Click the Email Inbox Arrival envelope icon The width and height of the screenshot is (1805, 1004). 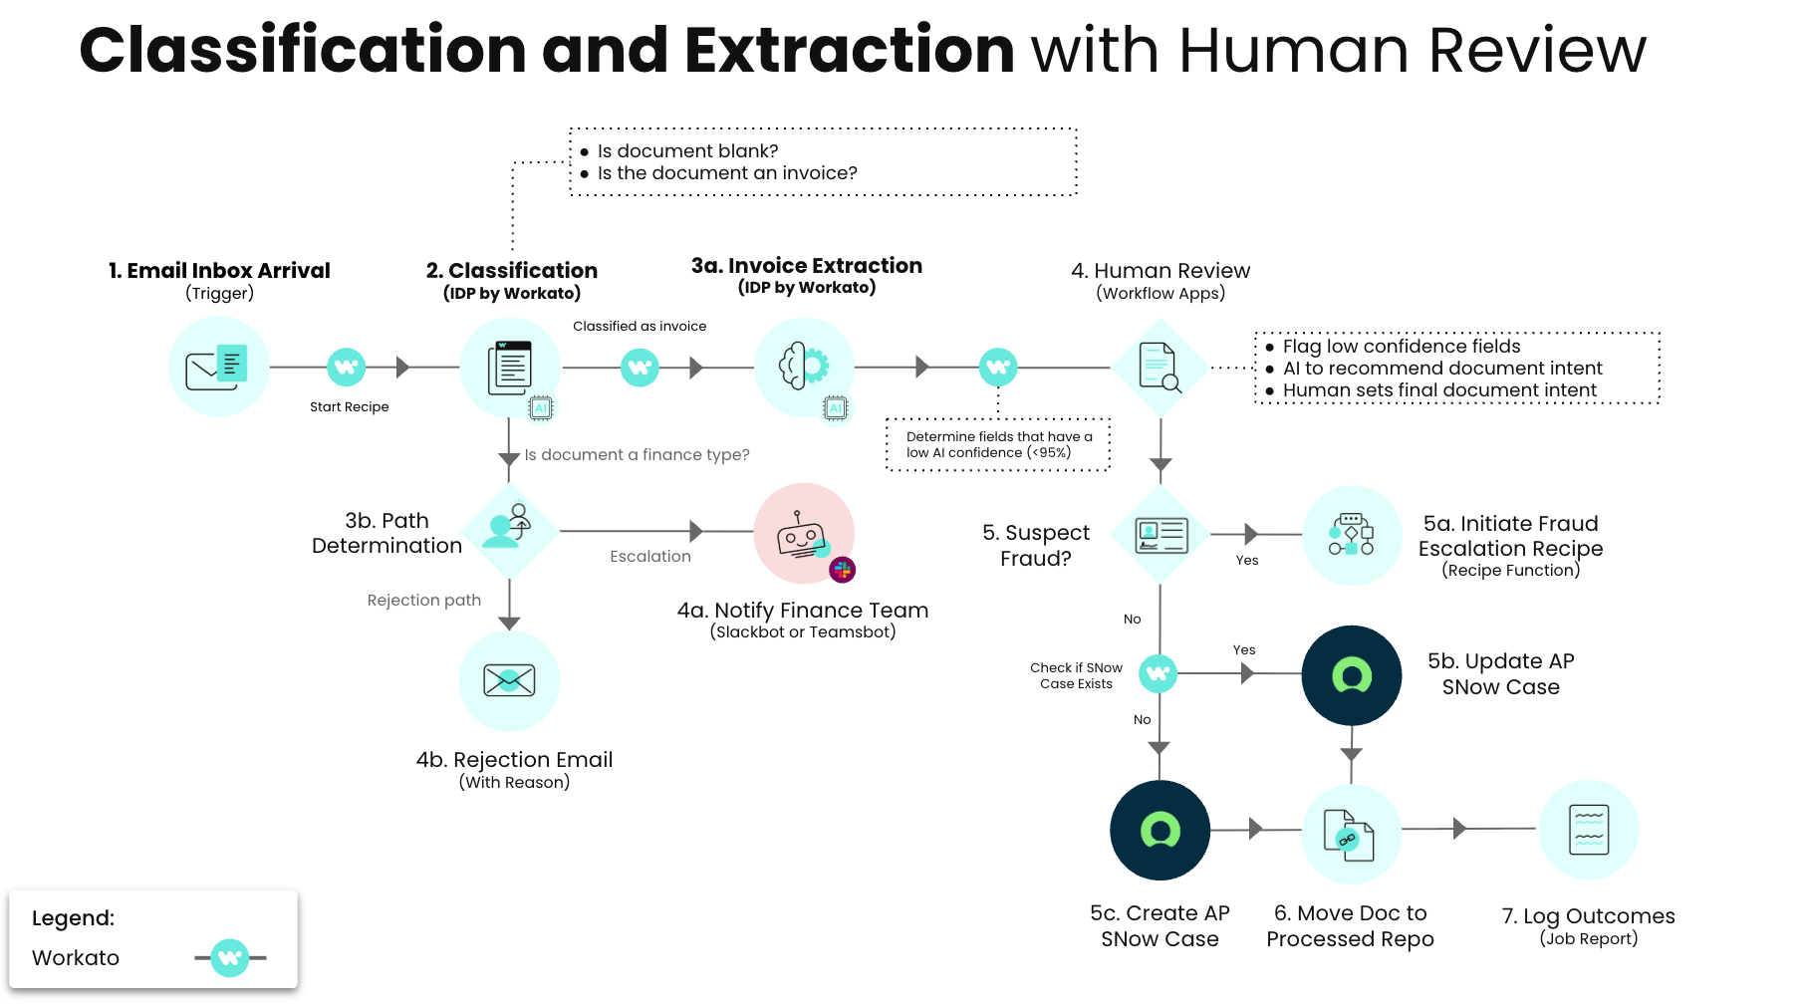click(x=219, y=367)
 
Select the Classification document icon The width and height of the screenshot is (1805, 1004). click(x=510, y=367)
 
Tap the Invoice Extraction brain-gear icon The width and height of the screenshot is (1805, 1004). click(x=804, y=367)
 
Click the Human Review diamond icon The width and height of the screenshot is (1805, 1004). click(x=1160, y=368)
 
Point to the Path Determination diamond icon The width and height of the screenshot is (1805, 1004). click(x=509, y=530)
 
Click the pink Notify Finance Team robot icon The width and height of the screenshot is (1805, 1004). click(x=804, y=533)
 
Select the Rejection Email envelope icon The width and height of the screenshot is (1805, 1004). click(x=509, y=680)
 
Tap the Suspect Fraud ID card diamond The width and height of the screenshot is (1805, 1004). click(x=1160, y=535)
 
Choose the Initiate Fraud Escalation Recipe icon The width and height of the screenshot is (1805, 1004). click(x=1352, y=535)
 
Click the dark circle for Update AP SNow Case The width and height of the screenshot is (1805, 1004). click(x=1352, y=675)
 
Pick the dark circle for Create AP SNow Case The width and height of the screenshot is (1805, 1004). click(x=1160, y=830)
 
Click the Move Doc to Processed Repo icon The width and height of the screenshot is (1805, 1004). click(x=1352, y=834)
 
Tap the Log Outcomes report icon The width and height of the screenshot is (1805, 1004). click(x=1589, y=830)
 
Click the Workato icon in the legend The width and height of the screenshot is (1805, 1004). click(x=230, y=958)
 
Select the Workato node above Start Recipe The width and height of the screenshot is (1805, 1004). click(x=347, y=367)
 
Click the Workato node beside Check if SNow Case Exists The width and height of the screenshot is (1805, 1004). click(x=1158, y=674)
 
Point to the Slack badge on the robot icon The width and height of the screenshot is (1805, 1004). click(x=843, y=570)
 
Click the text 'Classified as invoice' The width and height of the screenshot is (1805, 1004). click(x=640, y=326)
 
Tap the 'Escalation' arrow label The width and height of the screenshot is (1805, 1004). click(x=650, y=556)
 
